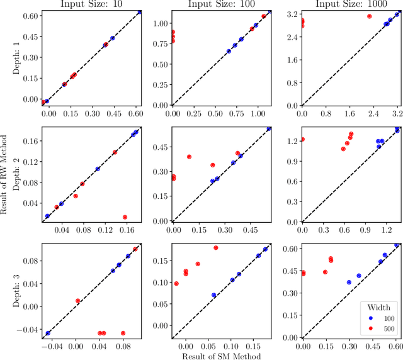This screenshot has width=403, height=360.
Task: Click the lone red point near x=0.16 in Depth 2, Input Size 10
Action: pyautogui.click(x=125, y=217)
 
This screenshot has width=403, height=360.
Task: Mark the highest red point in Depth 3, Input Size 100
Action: pyautogui.click(x=216, y=248)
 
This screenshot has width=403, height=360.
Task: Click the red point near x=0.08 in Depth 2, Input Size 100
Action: pyautogui.click(x=189, y=157)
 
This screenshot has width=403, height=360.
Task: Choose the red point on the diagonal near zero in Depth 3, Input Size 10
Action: pyautogui.click(x=77, y=301)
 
